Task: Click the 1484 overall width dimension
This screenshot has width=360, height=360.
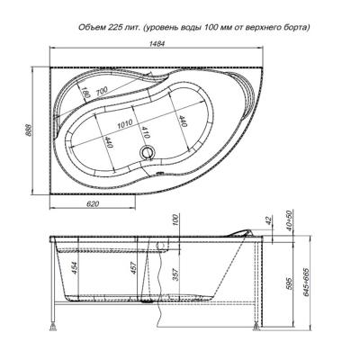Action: point(157,43)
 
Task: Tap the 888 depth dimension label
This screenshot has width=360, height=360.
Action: point(28,130)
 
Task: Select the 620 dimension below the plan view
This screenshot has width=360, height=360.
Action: point(93,204)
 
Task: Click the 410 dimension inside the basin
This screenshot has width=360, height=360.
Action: point(145,132)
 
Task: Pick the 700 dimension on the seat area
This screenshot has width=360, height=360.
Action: point(101,91)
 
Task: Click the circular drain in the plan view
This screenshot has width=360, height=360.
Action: point(148,152)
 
